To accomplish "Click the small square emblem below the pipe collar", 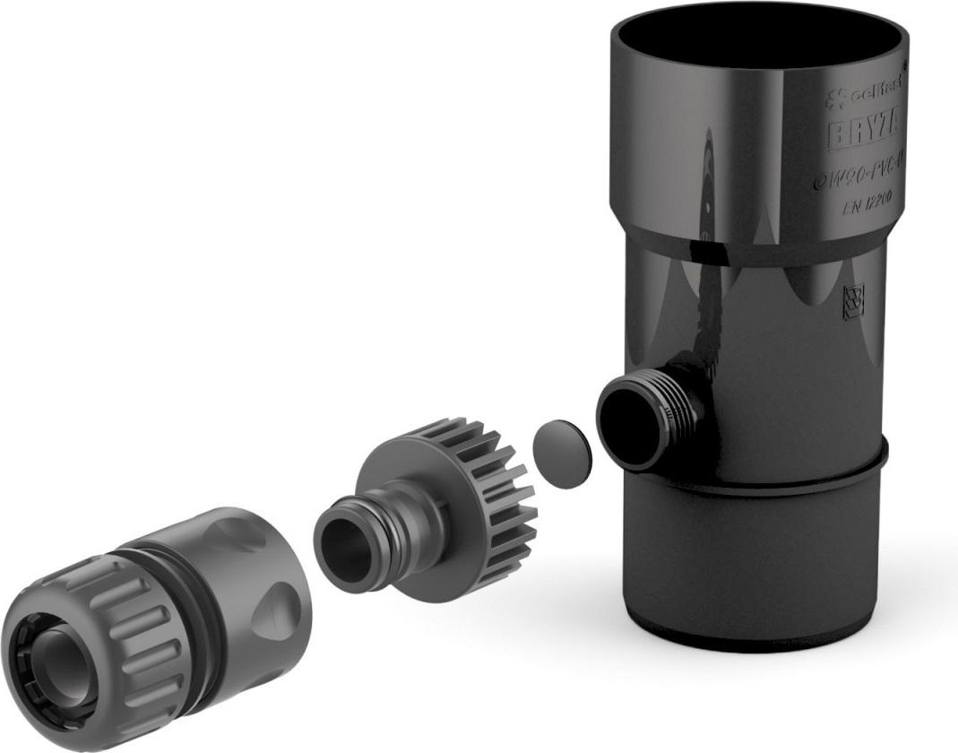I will point(853,301).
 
